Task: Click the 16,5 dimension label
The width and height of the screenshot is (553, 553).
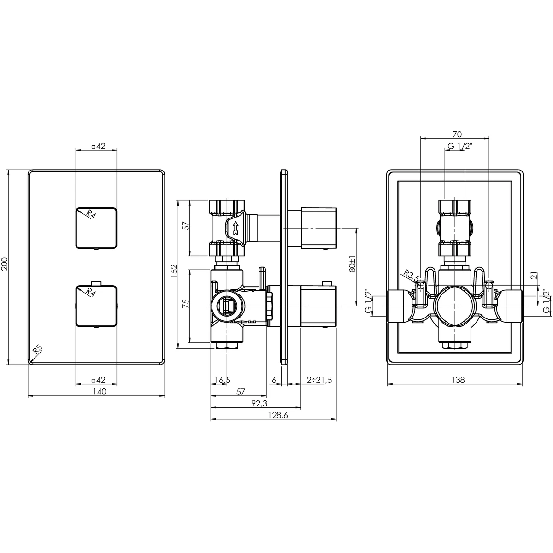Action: (223, 380)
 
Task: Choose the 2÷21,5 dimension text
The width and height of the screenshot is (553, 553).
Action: (319, 380)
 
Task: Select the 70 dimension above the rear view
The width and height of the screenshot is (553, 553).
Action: (457, 135)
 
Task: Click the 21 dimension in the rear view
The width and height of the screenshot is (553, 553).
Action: (534, 276)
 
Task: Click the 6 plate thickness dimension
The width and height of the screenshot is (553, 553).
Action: (274, 380)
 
